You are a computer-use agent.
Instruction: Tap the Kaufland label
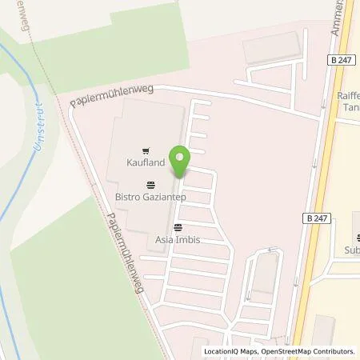coord(145,163)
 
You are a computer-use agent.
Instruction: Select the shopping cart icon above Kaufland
coord(145,150)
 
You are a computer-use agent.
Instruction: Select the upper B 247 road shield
coord(340,58)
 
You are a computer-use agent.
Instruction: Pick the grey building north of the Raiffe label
coord(272,50)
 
